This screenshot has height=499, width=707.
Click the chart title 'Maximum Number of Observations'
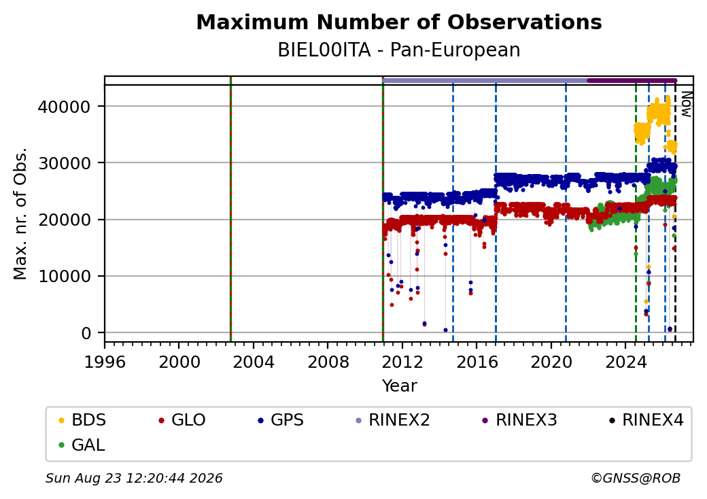(399, 22)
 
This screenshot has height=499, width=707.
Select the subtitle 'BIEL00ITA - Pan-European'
(399, 50)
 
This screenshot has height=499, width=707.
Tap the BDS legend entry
(82, 420)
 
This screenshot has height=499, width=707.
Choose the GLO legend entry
(182, 420)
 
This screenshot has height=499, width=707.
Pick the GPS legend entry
(281, 420)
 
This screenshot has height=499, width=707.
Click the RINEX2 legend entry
(392, 420)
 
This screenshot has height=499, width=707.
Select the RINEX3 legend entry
(519, 420)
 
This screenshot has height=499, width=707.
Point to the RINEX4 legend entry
(646, 420)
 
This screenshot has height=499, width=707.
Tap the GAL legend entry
(82, 445)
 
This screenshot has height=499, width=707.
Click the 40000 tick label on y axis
(64, 107)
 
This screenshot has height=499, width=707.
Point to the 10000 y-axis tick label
(64, 276)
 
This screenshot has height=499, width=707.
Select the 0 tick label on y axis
(86, 333)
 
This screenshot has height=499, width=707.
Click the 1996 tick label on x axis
(105, 362)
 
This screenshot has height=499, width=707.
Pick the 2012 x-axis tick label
(402, 362)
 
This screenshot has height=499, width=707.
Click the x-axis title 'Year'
(400, 386)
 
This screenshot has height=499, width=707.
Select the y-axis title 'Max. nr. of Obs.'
(20, 213)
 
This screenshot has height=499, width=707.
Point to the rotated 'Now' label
(686, 104)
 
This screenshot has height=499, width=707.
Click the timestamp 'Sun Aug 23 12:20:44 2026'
(134, 478)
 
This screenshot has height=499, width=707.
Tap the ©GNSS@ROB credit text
(636, 478)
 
